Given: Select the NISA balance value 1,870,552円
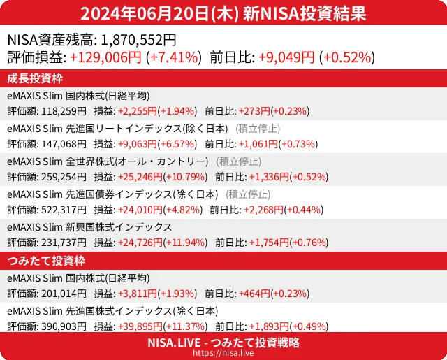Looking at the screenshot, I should [x=139, y=41].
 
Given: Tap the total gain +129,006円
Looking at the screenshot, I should [x=106, y=57].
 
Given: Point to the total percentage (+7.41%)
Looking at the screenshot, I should [x=175, y=57].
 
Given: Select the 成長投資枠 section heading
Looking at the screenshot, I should [x=35, y=78].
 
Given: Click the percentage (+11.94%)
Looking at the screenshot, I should [x=185, y=243].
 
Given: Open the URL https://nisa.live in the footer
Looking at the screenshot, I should [x=223, y=354].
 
